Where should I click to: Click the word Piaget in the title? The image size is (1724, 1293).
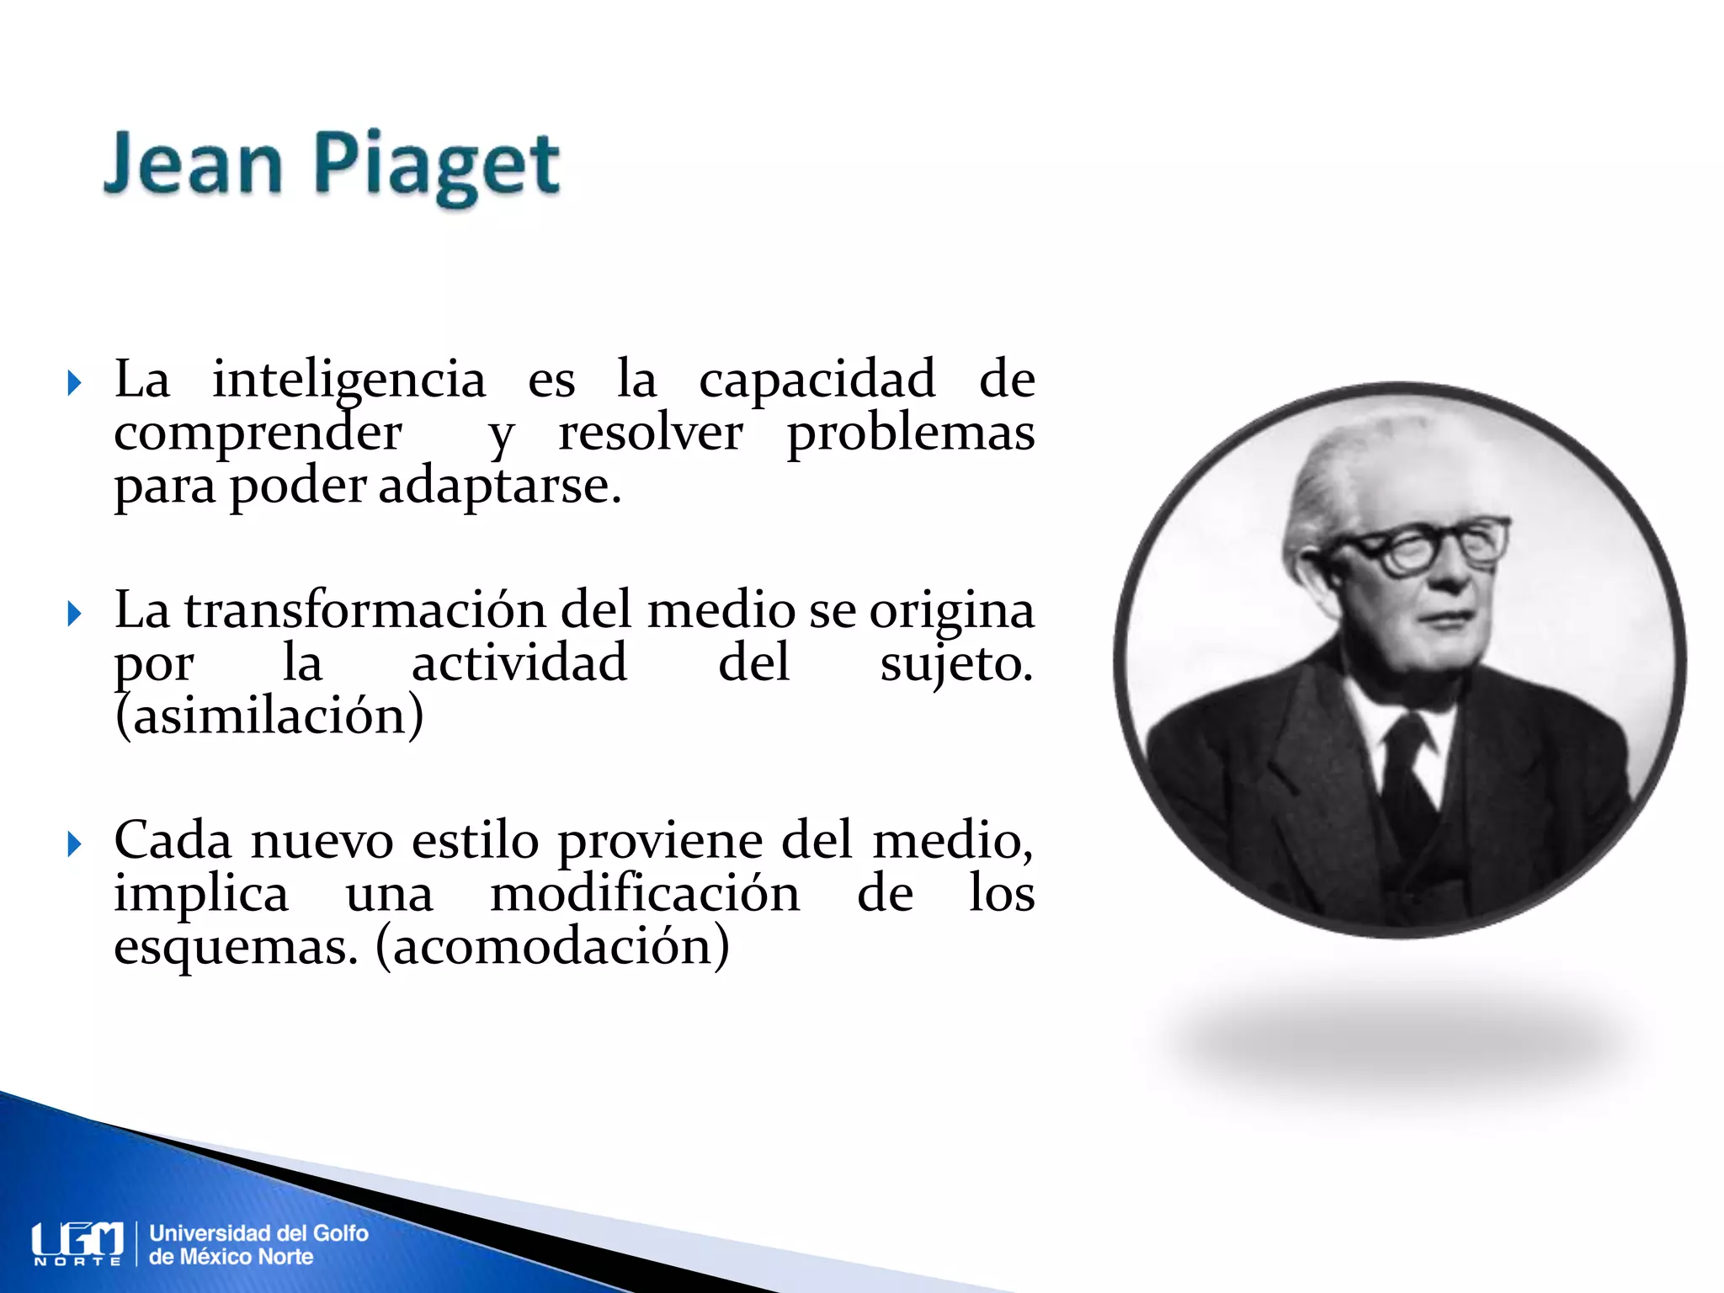pos(436,166)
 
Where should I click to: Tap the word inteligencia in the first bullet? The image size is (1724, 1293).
pos(349,380)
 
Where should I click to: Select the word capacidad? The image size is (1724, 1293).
pos(817,380)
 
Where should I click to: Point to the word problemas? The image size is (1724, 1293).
pos(910,434)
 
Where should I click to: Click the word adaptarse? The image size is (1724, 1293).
pos(499,487)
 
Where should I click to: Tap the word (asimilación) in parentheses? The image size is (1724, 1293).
pos(269,716)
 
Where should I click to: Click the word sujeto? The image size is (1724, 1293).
pos(955,663)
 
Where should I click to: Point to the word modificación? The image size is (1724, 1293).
pos(645,893)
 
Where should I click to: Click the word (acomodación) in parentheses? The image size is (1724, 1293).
pos(552,947)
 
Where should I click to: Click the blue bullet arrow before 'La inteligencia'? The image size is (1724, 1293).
pos(74,384)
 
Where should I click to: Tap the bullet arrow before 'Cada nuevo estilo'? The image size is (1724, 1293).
pos(74,843)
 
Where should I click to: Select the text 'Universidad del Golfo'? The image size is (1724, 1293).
pos(258,1233)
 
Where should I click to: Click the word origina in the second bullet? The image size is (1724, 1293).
pos(951,611)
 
